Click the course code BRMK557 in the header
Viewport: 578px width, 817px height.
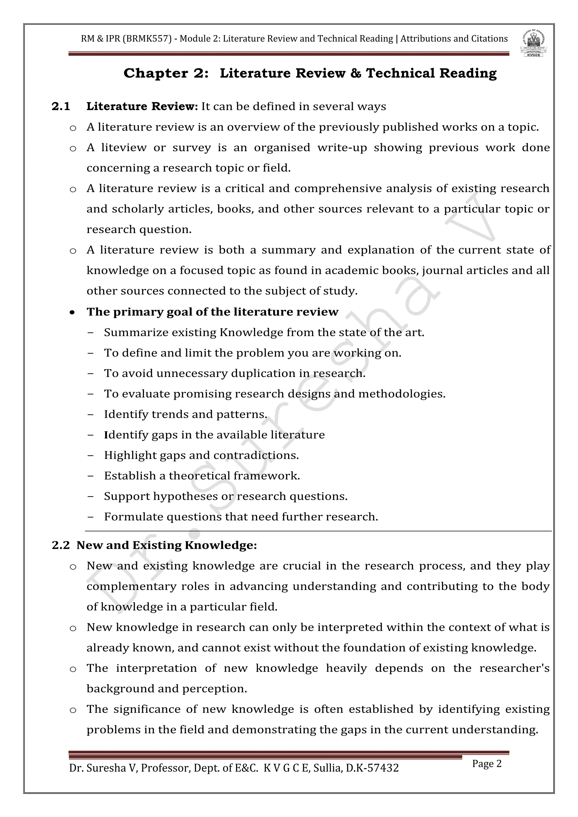click(147, 38)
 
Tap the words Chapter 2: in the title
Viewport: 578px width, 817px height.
click(166, 73)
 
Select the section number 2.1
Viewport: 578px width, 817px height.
click(61, 106)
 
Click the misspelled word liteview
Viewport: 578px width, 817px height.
click(124, 147)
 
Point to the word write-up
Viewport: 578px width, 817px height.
click(342, 147)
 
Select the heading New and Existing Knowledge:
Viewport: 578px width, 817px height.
click(167, 545)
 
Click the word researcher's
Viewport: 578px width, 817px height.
click(514, 668)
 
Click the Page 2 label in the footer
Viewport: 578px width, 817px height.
click(487, 764)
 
